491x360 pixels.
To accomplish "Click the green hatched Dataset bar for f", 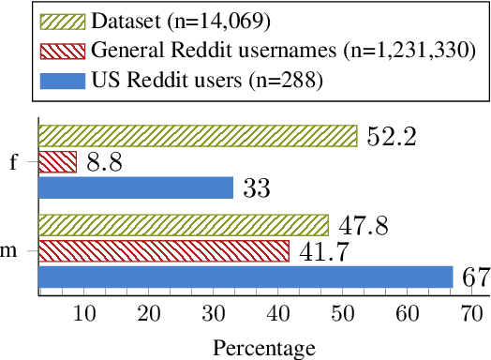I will (198, 136).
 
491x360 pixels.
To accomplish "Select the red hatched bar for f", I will (57, 161).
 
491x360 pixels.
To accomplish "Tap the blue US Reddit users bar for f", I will (136, 187).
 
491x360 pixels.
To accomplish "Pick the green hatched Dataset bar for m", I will (184, 226).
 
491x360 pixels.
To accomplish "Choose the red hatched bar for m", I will (164, 251).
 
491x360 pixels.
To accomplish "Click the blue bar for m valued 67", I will (245, 277).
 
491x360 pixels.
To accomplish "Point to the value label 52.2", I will (391, 137).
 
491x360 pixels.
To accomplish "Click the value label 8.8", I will (106, 162).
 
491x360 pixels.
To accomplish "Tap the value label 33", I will (256, 188).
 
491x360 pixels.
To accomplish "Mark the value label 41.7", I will (323, 251).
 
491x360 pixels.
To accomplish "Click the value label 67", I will (474, 277).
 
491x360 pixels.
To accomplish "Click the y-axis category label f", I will (13, 161).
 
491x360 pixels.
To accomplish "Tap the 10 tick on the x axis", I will (84, 312).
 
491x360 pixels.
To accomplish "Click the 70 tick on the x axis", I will (471, 312).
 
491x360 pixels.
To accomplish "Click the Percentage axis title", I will (264, 348).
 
